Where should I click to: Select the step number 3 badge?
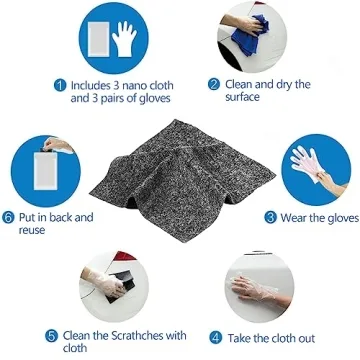[271, 216]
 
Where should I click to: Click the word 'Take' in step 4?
[241, 338]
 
